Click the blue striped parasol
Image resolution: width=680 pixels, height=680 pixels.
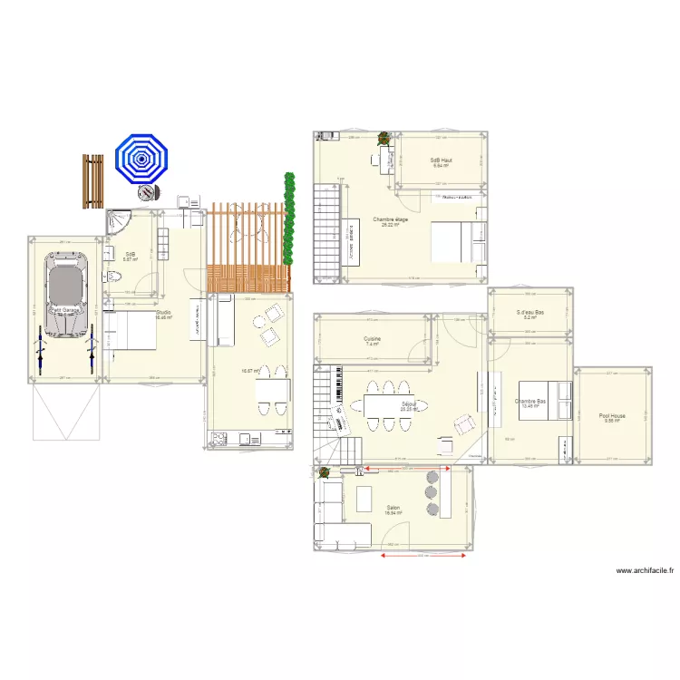tap(141, 160)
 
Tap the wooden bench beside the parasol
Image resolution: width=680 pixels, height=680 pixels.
tap(92, 181)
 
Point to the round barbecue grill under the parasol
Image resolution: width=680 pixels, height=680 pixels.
tap(146, 194)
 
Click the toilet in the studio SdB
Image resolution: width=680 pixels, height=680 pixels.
tap(110, 276)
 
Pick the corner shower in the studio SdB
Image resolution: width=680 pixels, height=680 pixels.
tap(119, 221)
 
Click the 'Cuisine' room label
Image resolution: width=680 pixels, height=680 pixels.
tap(373, 340)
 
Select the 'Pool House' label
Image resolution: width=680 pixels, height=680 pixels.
tap(612, 416)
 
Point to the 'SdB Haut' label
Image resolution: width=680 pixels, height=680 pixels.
tap(441, 160)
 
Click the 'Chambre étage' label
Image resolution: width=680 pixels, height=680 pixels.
tap(390, 219)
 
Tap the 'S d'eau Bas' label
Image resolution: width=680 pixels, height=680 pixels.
tap(529, 313)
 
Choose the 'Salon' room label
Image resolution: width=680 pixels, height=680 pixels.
tap(393, 508)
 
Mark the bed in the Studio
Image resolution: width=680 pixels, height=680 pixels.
tap(130, 329)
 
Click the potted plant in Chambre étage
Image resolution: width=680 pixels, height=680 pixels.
tap(384, 140)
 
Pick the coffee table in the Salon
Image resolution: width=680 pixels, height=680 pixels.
tap(364, 499)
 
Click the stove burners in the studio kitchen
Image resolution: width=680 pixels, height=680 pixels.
tap(219, 440)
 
